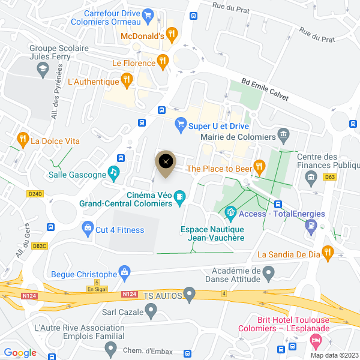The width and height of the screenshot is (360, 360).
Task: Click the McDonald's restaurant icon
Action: click(172, 35)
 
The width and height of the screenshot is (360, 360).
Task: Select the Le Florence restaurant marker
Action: click(162, 61)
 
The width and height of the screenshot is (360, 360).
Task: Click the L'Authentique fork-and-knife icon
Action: click(126, 79)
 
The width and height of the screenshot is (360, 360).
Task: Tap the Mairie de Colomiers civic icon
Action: click(284, 135)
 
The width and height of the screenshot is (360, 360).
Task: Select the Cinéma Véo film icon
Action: click(179, 197)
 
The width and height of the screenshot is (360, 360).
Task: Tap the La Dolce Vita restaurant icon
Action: click(23, 140)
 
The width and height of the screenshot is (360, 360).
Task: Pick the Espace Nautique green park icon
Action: click(230, 213)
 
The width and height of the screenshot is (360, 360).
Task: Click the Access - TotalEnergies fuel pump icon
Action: click(311, 226)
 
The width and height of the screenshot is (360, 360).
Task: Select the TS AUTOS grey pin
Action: click(190, 295)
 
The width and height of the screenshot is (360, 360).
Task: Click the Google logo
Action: click(20, 353)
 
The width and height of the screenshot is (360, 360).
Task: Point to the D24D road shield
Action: click(36, 194)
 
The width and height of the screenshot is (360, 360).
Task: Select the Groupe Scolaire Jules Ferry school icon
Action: click(43, 71)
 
